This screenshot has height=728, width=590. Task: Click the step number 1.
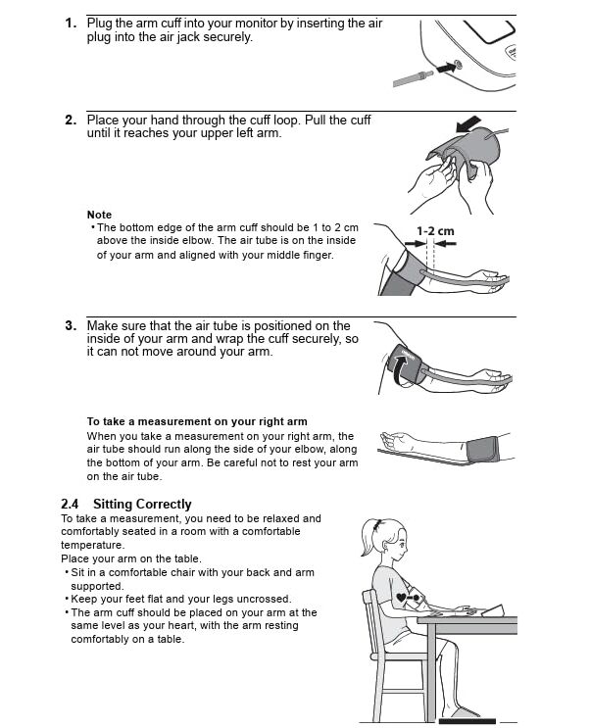click(x=71, y=24)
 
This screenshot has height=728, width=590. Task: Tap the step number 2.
click(x=71, y=121)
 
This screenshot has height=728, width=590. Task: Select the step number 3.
click(x=71, y=326)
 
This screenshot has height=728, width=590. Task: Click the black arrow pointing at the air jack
click(x=447, y=67)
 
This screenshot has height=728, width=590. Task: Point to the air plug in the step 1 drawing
click(x=413, y=78)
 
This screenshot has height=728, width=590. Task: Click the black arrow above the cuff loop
click(x=468, y=123)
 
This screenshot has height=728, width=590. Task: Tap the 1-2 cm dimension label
click(x=435, y=231)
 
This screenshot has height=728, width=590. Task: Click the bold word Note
click(x=99, y=215)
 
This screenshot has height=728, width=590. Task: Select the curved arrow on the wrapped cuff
click(x=400, y=369)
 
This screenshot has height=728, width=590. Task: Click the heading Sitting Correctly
click(x=142, y=505)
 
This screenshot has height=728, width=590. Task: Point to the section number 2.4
click(x=70, y=505)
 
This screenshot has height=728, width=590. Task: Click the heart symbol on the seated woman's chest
click(x=401, y=598)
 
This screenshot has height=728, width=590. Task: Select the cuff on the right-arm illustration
click(x=482, y=450)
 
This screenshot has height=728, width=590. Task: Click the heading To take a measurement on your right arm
click(x=197, y=421)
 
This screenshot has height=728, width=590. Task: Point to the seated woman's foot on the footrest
click(x=463, y=712)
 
